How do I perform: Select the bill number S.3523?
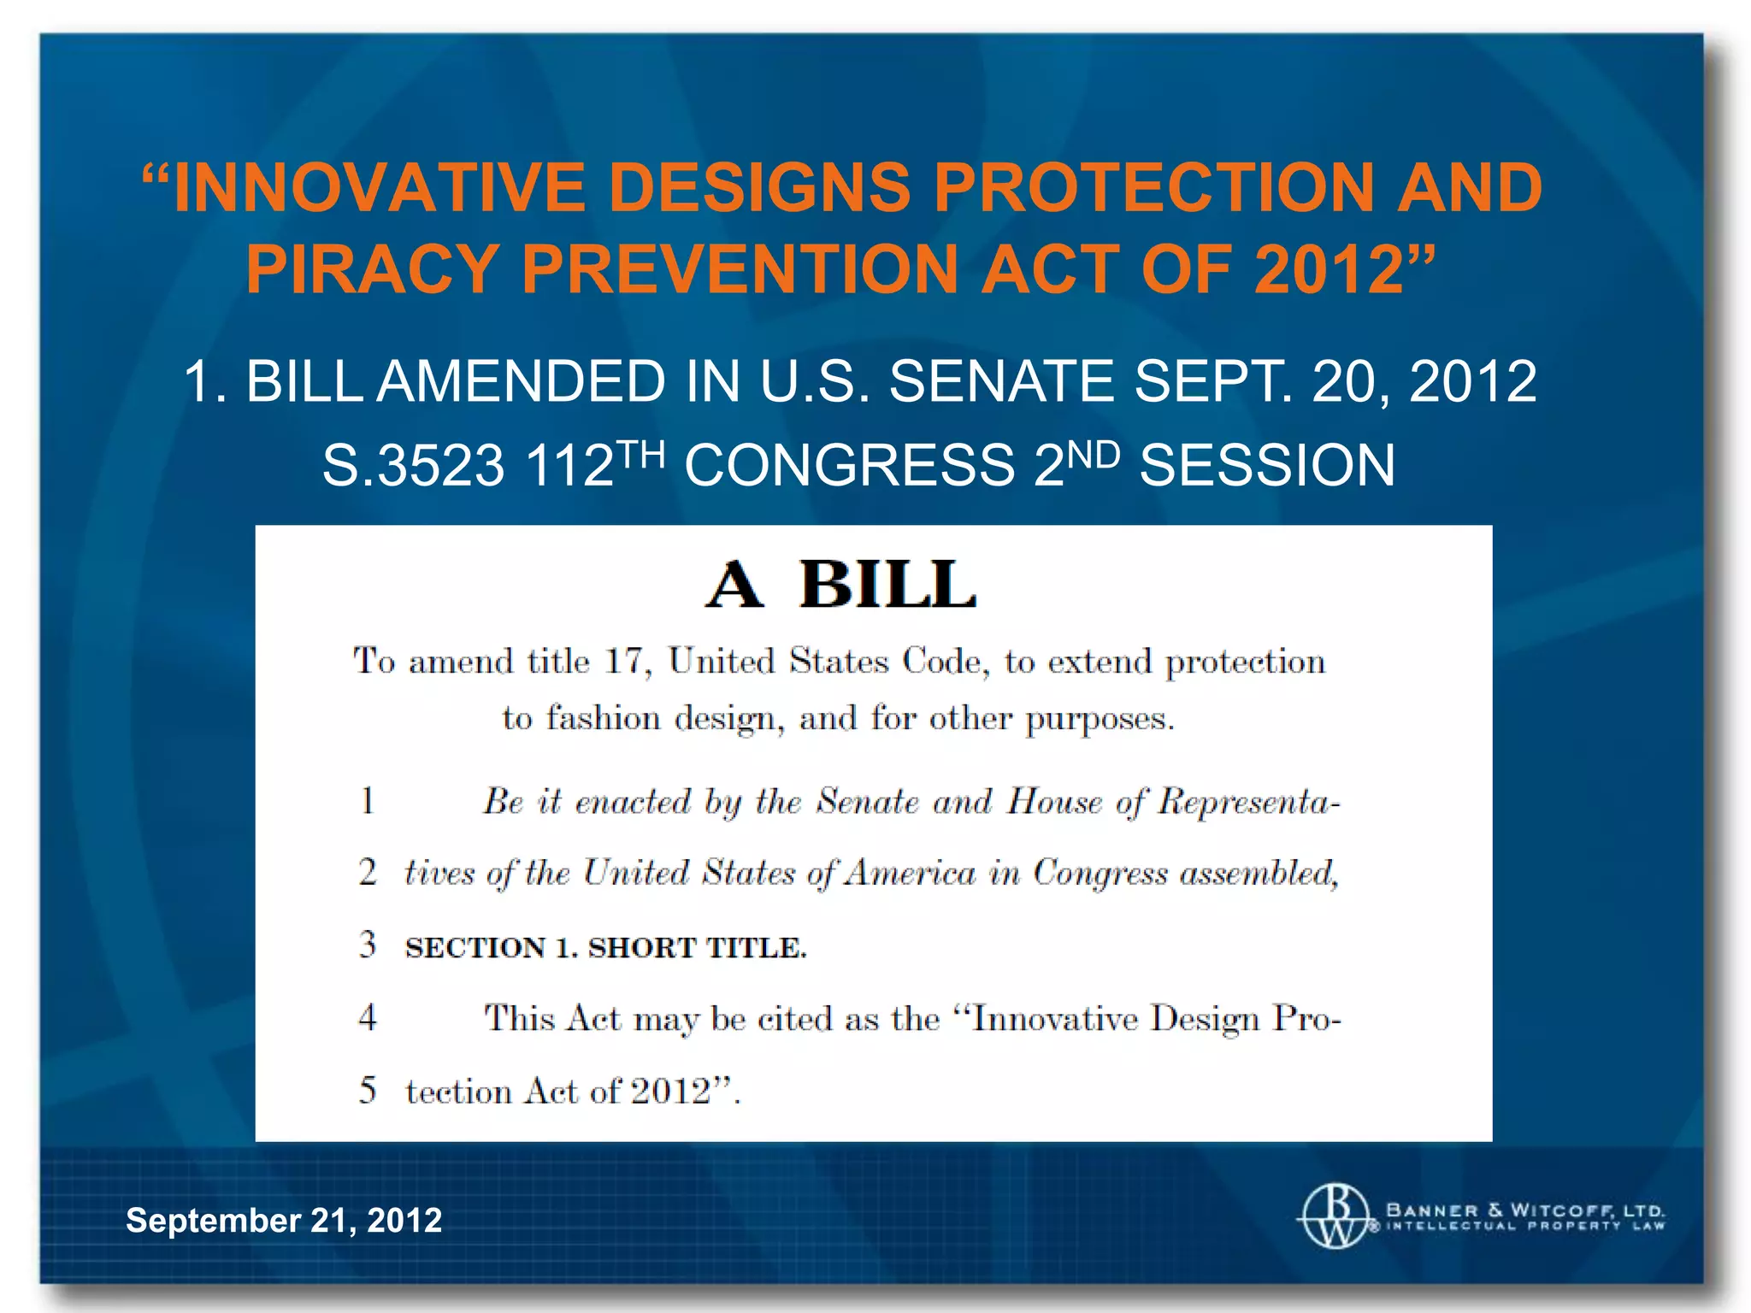pyautogui.click(x=413, y=466)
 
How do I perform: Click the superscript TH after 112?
pyautogui.click(x=641, y=454)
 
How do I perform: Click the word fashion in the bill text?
pyautogui.click(x=604, y=718)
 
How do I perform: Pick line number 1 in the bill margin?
pyautogui.click(x=368, y=801)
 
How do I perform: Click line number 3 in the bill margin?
pyautogui.click(x=368, y=945)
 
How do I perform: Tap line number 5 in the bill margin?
pyautogui.click(x=368, y=1091)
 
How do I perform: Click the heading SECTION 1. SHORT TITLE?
pyautogui.click(x=605, y=948)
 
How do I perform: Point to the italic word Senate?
pyautogui.click(x=867, y=802)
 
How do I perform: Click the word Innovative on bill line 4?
pyautogui.click(x=1055, y=1019)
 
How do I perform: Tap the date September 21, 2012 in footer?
pyautogui.click(x=284, y=1220)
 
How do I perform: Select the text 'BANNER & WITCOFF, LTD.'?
pyautogui.click(x=1524, y=1210)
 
